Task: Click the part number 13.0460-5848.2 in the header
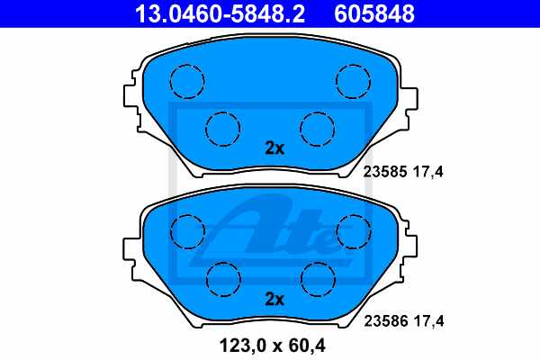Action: (x=210, y=14)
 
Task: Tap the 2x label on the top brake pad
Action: (x=274, y=148)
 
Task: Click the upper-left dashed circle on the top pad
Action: (x=187, y=81)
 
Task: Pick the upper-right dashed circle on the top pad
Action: (x=353, y=81)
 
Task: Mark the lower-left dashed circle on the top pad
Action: (x=222, y=128)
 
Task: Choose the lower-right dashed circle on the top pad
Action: (x=317, y=128)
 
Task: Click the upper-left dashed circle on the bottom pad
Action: (x=187, y=230)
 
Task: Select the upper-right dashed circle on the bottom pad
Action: (x=353, y=230)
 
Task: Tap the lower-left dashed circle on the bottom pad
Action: (x=222, y=277)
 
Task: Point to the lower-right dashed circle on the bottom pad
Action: (x=317, y=277)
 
